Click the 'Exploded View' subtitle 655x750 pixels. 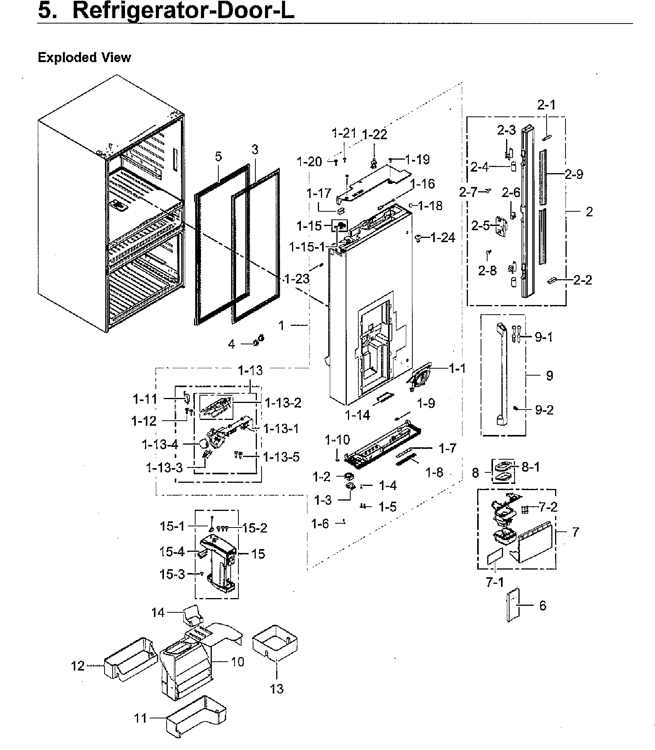tap(84, 57)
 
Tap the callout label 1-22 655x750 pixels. tap(374, 135)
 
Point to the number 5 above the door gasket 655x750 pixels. tap(218, 157)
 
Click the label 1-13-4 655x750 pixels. tap(160, 445)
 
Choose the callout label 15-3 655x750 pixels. tap(172, 574)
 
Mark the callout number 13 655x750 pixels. tap(277, 689)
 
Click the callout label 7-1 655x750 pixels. tap(495, 582)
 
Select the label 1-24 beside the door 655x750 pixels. tap(442, 238)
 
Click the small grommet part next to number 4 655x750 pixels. tap(258, 340)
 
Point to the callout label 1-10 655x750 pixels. tap(337, 440)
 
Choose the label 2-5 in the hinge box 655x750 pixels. tap(480, 226)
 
